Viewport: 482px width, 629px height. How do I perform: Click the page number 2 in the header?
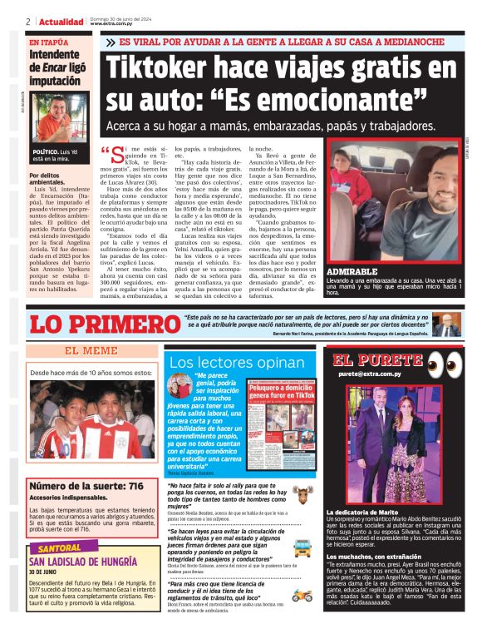click(x=28, y=22)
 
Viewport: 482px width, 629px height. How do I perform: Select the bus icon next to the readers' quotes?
click(x=302, y=547)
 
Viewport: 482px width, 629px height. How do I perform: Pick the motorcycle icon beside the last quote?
click(x=302, y=596)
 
